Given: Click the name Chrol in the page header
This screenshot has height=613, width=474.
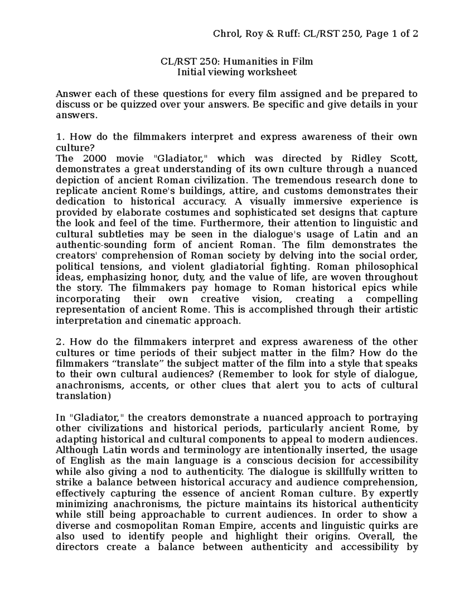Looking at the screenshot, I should point(226,34).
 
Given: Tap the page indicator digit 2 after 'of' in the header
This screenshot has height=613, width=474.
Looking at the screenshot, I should point(415,34).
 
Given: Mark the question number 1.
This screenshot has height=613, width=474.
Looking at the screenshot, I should point(60,137).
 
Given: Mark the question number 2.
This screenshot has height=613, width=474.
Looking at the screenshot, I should point(60,342).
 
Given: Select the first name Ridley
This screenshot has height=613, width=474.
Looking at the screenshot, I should point(362,159).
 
